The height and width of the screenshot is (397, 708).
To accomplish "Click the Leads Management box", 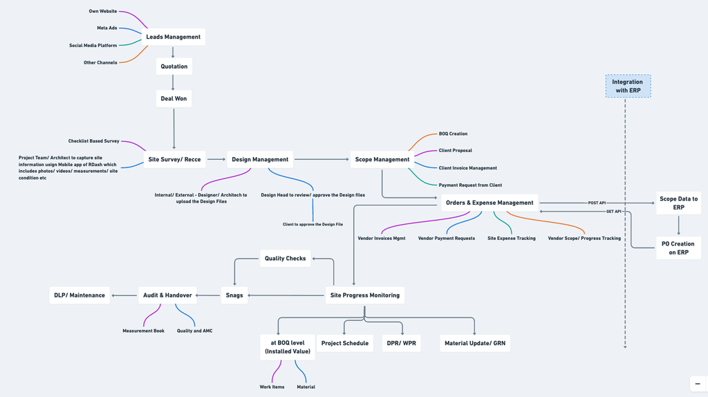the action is coord(174,37).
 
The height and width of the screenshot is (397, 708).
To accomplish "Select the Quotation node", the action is coord(174,66).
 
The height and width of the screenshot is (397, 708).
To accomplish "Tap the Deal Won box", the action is coord(174,98).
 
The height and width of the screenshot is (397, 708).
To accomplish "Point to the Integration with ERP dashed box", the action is coord(628,86).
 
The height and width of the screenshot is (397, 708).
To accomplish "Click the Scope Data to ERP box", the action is coord(678,203).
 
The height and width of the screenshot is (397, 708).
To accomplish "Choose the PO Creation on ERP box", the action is coord(678,248).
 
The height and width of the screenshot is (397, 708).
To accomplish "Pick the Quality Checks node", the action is coord(286,259).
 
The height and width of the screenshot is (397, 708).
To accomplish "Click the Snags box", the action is coord(234,295).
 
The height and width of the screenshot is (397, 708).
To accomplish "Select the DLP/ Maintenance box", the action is coord(80,295).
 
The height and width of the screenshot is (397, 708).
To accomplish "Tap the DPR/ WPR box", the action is coord(402,343).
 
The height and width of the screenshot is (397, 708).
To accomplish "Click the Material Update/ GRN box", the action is coord(475,343).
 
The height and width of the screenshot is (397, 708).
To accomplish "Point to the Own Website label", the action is coord(103,11).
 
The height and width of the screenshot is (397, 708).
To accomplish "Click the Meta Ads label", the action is coord(107,28).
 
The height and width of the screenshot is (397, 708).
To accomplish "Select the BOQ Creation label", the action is coord(453,133).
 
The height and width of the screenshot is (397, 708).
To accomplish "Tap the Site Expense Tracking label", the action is coord(512,239).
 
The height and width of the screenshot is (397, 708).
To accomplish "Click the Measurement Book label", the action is coord(144,331).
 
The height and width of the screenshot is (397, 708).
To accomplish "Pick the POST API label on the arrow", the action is coord(597,203).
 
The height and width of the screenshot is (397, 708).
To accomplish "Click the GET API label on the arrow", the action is coord(614,212).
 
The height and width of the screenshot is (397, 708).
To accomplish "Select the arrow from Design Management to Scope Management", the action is coord(322,160).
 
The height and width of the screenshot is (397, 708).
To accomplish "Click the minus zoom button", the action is coord(698,384).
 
